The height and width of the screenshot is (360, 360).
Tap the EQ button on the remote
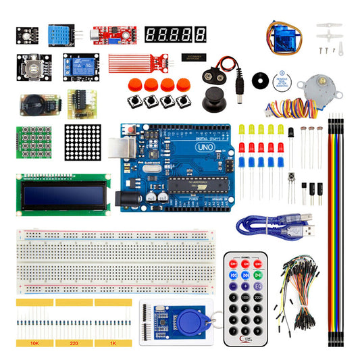tap(259, 286)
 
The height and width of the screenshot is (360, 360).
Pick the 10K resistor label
tap(34, 343)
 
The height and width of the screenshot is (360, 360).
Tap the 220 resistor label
tap(74, 343)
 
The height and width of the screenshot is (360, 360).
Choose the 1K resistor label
tap(113, 343)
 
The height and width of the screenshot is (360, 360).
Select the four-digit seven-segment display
tap(176, 33)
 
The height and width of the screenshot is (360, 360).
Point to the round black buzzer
tap(259, 79)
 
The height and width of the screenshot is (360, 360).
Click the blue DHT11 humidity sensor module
tap(62, 34)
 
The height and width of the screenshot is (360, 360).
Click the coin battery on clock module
tap(32, 103)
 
